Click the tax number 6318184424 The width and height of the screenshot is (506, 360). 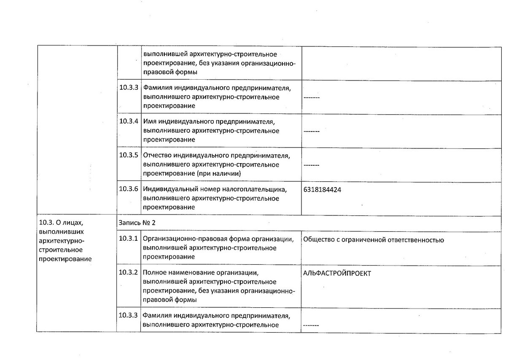[322, 190]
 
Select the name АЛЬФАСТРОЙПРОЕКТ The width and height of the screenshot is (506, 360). [337, 273]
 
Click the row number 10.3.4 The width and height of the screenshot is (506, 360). [129, 121]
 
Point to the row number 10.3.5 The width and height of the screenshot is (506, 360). [129, 155]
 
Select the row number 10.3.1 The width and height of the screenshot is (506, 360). [129, 239]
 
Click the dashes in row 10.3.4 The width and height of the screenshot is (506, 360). [311, 131]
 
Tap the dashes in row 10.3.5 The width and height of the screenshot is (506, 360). [311, 165]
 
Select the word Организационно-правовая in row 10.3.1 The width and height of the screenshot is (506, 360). [180, 239]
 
